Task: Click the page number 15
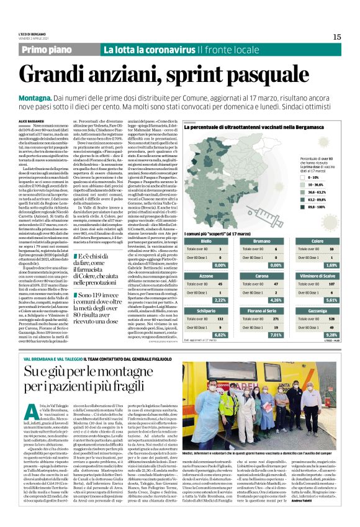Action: (336, 37)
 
